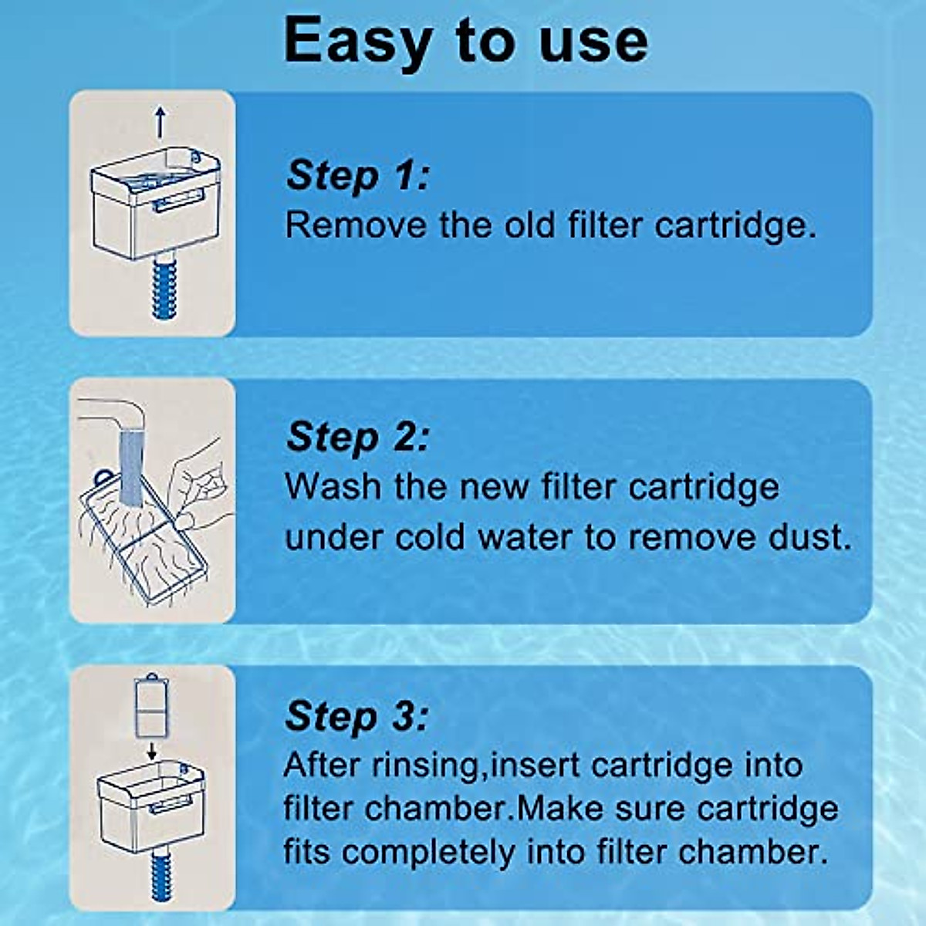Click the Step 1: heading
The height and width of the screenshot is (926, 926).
pos(357,176)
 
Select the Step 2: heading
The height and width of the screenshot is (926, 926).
pos(357,438)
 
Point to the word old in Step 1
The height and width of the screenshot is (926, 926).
pos(531,225)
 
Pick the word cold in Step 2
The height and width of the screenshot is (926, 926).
pos(429,537)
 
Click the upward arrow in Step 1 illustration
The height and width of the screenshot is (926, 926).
pos(161,122)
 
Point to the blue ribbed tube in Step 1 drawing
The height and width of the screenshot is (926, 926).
pos(164,289)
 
